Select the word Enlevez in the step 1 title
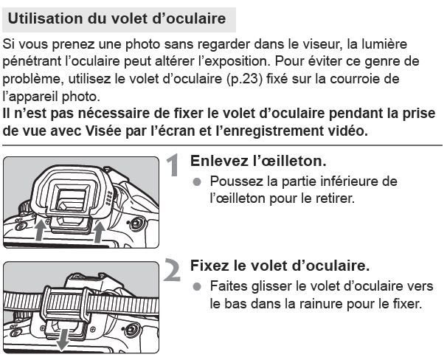pyautogui.click(x=219, y=161)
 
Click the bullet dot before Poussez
pyautogui.click(x=196, y=181)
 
